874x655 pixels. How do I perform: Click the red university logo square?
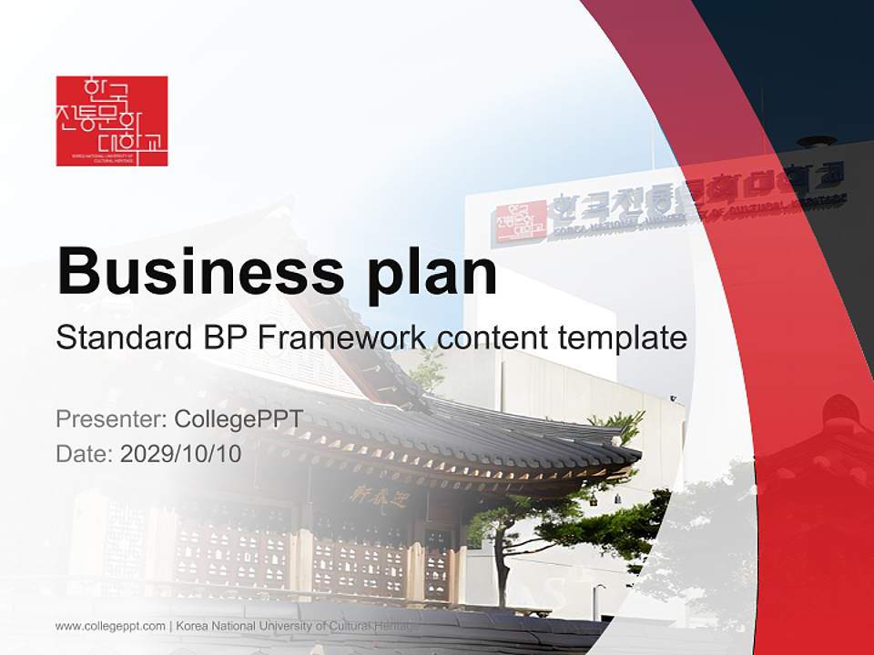point(112,121)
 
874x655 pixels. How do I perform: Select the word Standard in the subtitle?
point(120,338)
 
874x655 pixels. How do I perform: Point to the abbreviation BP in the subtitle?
point(220,338)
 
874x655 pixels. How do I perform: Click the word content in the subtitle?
point(493,338)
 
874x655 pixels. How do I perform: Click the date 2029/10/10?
point(181,453)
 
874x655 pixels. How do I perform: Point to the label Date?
point(85,453)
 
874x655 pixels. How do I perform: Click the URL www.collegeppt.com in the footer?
point(110,626)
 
